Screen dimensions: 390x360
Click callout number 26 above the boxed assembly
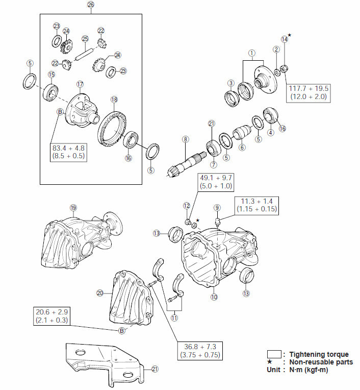click(x=91, y=5)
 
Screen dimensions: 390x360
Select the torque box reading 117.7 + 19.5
click(x=308, y=92)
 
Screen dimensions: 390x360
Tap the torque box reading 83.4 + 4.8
click(x=68, y=152)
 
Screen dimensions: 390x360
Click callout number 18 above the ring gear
click(x=114, y=100)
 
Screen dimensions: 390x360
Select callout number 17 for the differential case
click(x=80, y=84)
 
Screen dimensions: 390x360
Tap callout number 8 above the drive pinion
click(x=186, y=139)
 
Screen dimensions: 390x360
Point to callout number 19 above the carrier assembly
click(x=73, y=207)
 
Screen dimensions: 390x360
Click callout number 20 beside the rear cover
click(x=100, y=292)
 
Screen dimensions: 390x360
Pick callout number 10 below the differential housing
click(x=214, y=297)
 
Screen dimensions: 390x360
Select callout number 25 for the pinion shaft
click(x=85, y=39)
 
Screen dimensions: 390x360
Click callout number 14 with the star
click(x=285, y=39)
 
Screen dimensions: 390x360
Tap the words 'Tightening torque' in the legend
click(x=319, y=354)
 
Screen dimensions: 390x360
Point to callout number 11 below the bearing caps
click(x=174, y=318)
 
